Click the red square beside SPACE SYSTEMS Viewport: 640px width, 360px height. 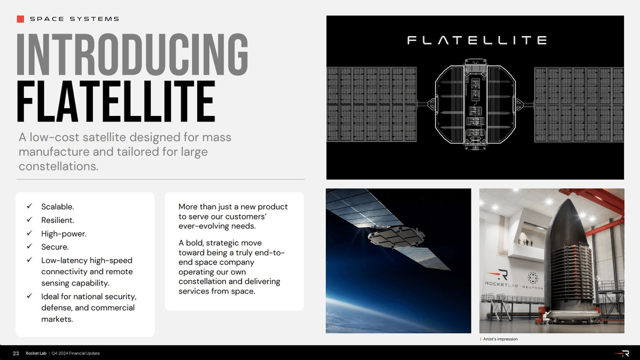pyautogui.click(x=20, y=19)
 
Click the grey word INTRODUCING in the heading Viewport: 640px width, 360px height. pyautogui.click(x=132, y=55)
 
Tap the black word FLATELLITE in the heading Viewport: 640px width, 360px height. pyautogui.click(x=116, y=102)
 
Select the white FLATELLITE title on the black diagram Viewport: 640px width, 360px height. pyautogui.click(x=476, y=40)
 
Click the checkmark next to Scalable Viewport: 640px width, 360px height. pyautogui.click(x=30, y=206)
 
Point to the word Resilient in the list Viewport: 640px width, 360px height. pyautogui.click(x=57, y=220)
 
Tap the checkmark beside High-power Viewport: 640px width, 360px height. pyautogui.click(x=30, y=233)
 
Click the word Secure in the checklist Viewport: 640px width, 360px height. pyautogui.click(x=55, y=247)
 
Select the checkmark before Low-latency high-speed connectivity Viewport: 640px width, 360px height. pyautogui.click(x=30, y=260)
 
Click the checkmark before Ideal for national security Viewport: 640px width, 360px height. pyautogui.click(x=30, y=296)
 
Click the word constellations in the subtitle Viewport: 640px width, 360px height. pyautogui.click(x=58, y=166)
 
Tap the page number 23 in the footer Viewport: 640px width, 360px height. pyautogui.click(x=16, y=353)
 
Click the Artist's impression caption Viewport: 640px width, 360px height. pyautogui.click(x=500, y=339)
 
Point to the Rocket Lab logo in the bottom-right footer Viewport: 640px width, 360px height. pyautogui.click(x=621, y=353)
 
